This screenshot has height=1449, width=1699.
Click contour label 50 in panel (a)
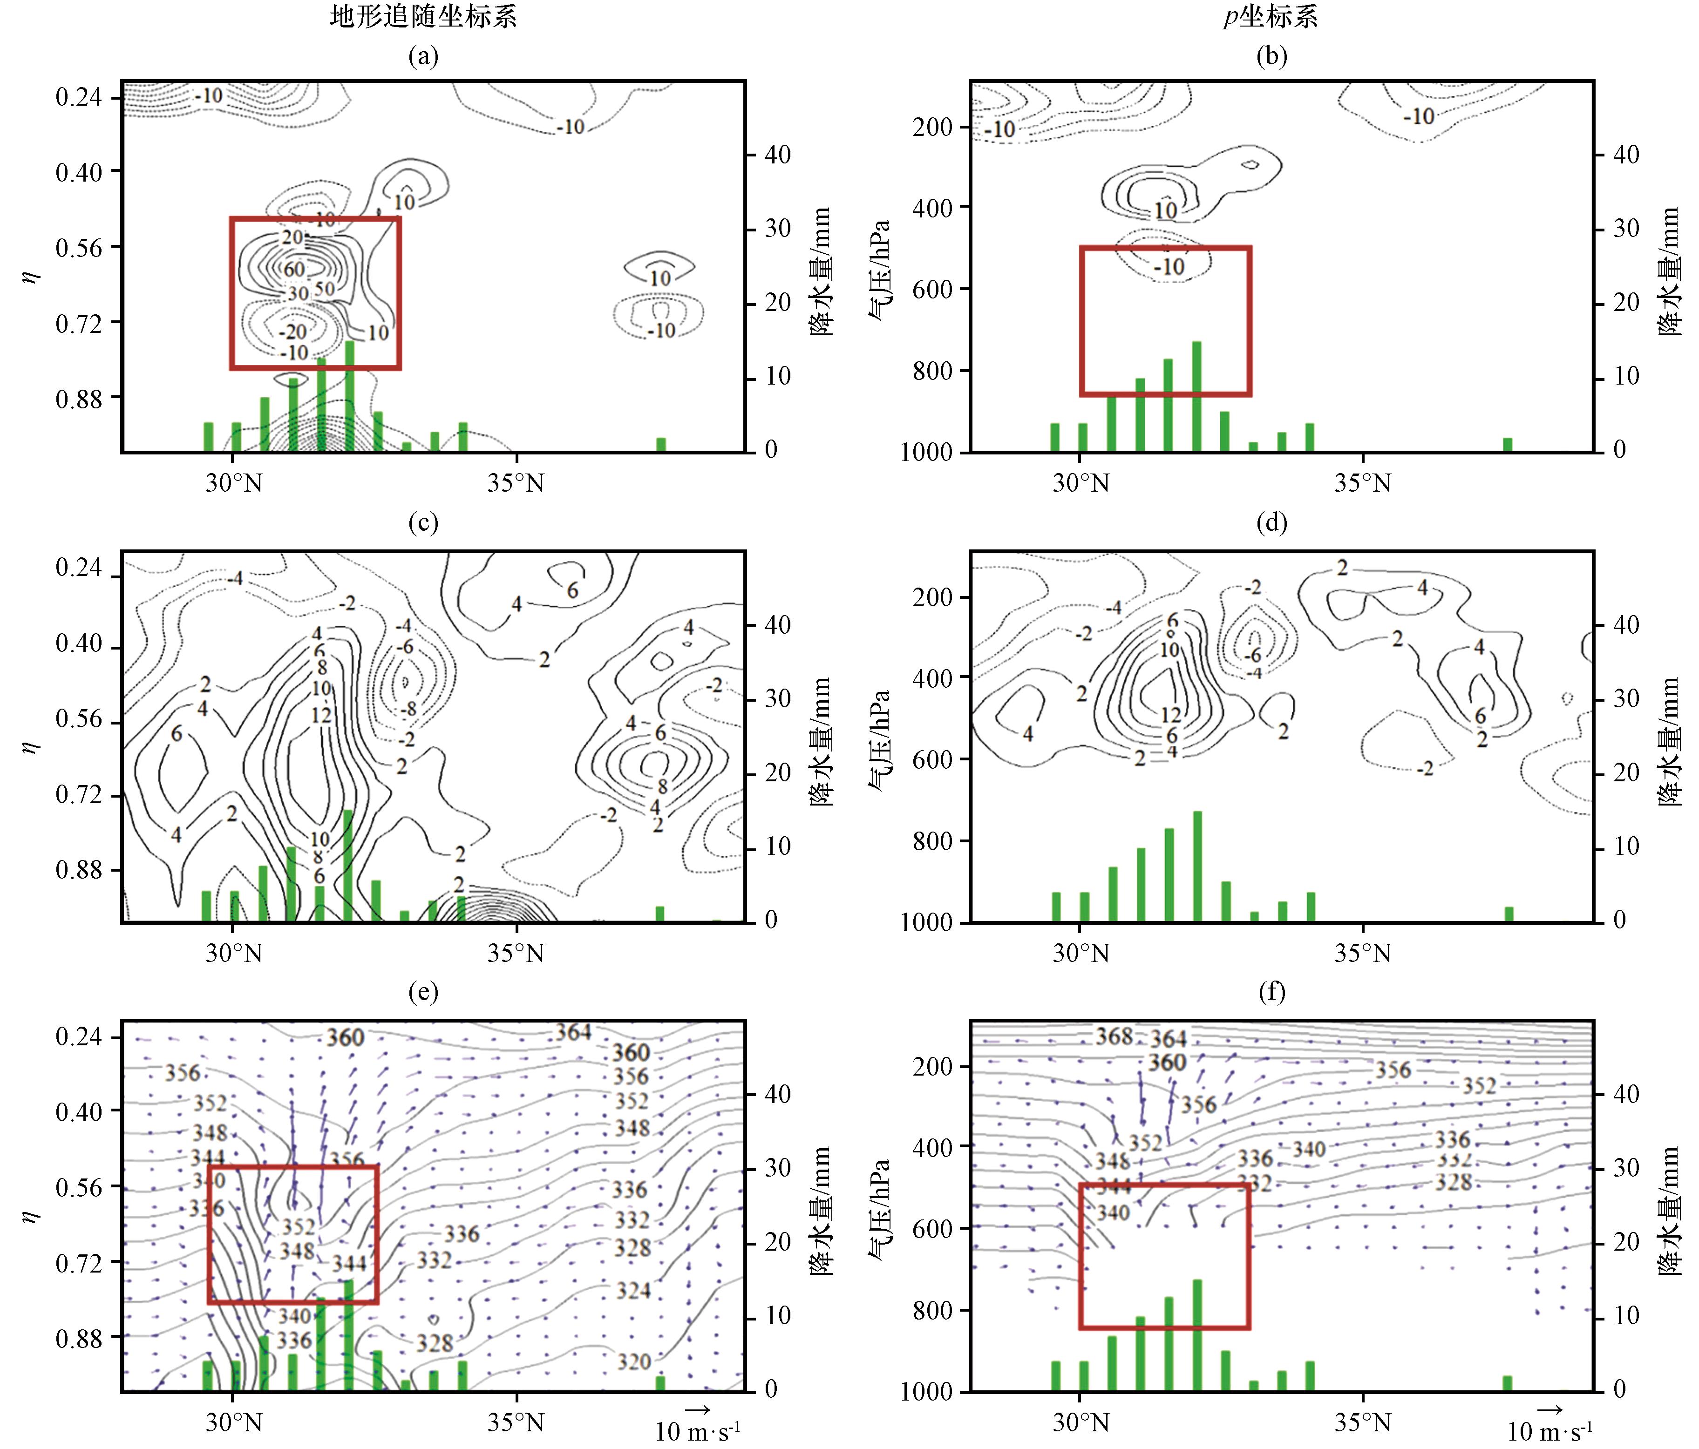[x=325, y=289]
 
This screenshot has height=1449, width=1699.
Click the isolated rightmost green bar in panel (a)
[x=661, y=444]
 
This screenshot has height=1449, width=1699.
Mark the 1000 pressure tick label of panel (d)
[x=926, y=923]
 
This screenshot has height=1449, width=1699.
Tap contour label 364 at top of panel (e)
[x=573, y=1032]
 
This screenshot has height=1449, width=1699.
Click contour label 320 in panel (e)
[x=634, y=1361]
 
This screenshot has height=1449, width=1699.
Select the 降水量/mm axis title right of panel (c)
[x=820, y=742]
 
